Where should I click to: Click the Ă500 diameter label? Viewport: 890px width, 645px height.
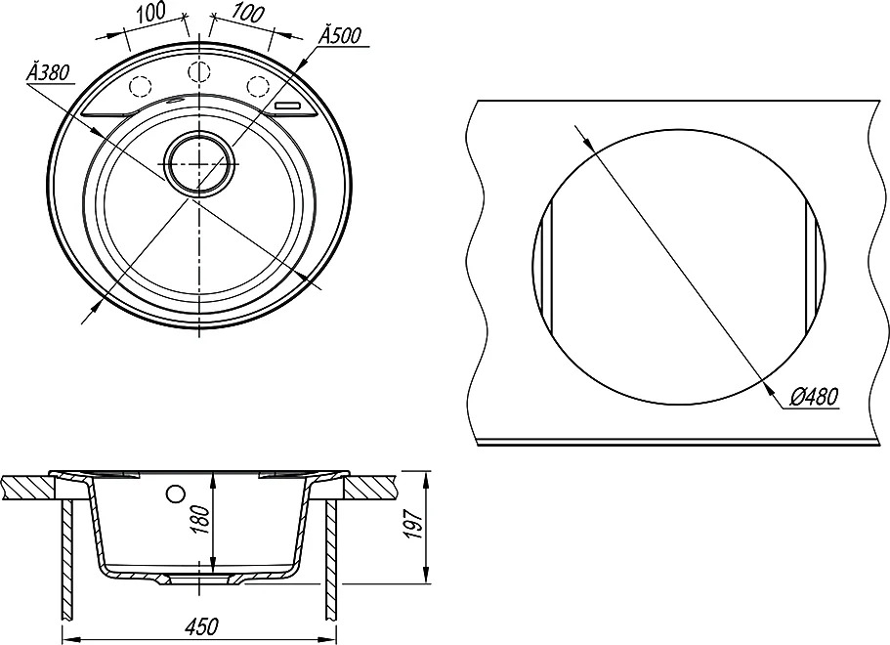point(339,35)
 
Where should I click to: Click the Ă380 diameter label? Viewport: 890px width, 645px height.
point(47,72)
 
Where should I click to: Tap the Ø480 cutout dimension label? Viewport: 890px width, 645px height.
point(814,396)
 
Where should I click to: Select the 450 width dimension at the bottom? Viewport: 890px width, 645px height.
point(201,626)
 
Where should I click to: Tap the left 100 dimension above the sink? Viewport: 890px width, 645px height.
point(149,14)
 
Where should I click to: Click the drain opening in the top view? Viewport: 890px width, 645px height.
point(198,163)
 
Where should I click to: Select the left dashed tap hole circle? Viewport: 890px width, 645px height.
point(141,86)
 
